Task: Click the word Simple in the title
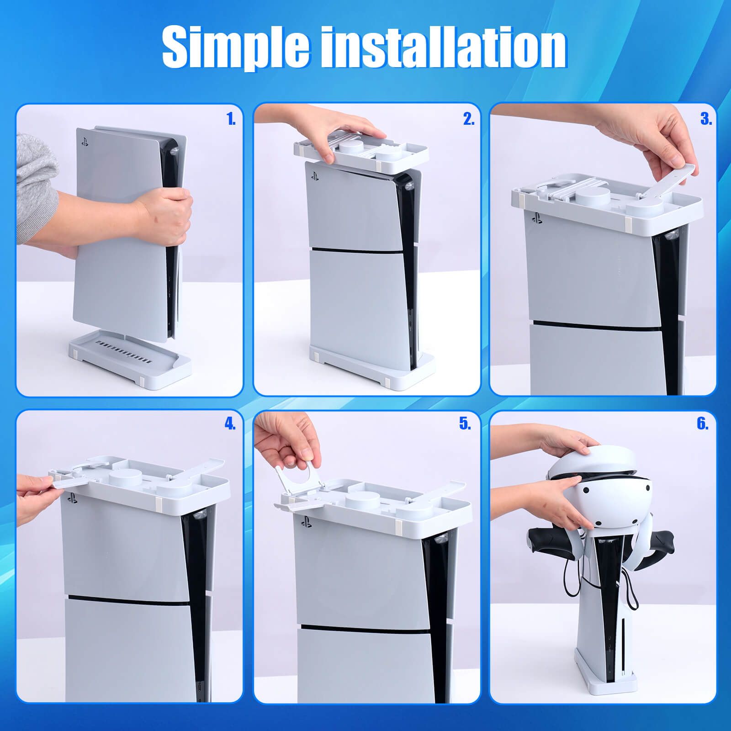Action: tap(236, 47)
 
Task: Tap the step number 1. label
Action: tap(231, 119)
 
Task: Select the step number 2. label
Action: tap(469, 119)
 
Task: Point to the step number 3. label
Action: tap(706, 119)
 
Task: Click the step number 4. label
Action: tap(230, 424)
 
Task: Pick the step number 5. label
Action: tap(465, 424)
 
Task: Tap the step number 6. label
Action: tap(703, 424)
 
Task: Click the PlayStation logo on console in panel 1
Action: tap(85, 142)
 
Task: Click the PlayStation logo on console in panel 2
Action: tap(315, 176)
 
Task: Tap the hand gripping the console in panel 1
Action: tap(167, 215)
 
